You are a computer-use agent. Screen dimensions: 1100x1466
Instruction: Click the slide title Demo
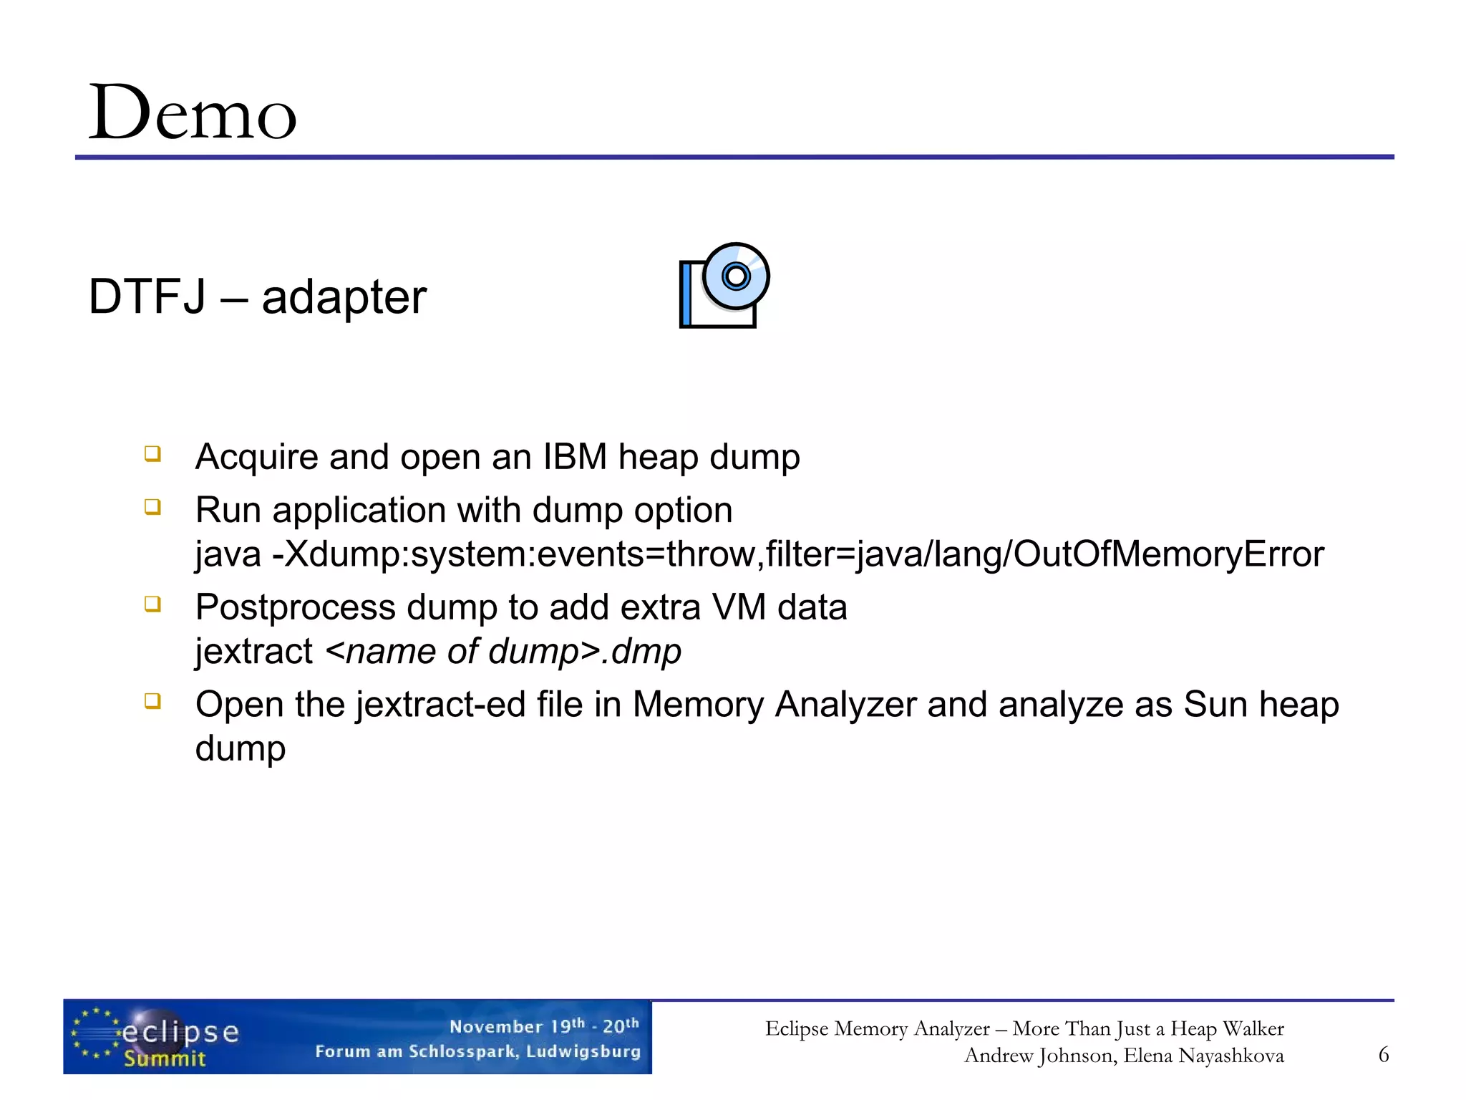point(192,113)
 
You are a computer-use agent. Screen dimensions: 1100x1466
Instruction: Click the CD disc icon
point(735,276)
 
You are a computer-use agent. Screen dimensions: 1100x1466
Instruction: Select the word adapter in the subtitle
point(344,298)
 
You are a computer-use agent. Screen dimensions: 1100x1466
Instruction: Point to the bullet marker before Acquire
point(152,454)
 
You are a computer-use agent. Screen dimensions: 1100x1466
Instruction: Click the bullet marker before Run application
point(152,508)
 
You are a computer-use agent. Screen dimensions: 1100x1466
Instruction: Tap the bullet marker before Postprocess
point(152,604)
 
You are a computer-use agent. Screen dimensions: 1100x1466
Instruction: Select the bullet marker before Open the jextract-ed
point(152,701)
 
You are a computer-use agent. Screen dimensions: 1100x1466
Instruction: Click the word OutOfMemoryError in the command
point(1168,554)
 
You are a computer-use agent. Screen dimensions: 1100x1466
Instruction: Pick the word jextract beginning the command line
point(254,652)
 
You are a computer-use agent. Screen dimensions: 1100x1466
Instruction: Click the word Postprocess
point(295,608)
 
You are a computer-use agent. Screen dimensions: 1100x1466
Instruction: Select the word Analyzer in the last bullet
point(845,705)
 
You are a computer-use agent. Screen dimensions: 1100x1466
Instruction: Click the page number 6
point(1384,1054)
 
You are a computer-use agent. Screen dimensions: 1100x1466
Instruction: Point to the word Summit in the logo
point(165,1058)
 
